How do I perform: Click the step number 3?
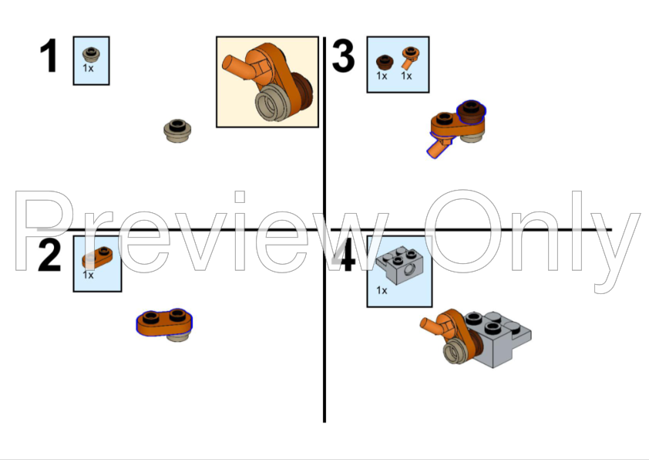pyautogui.click(x=342, y=57)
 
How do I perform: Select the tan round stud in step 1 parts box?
pyautogui.click(x=91, y=53)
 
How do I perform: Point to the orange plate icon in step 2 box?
pyautogui.click(x=99, y=257)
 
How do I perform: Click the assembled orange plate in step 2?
pyautogui.click(x=164, y=321)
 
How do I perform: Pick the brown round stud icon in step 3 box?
pyautogui.click(x=382, y=61)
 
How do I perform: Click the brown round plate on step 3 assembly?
pyautogui.click(x=471, y=113)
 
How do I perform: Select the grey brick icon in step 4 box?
pyautogui.click(x=396, y=263)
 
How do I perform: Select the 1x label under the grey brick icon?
pyautogui.click(x=382, y=290)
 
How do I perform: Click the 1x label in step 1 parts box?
pyautogui.click(x=89, y=69)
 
